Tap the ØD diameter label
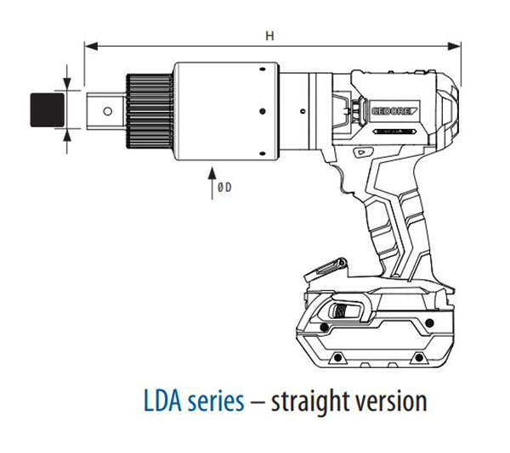224,189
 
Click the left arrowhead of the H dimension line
89,48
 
